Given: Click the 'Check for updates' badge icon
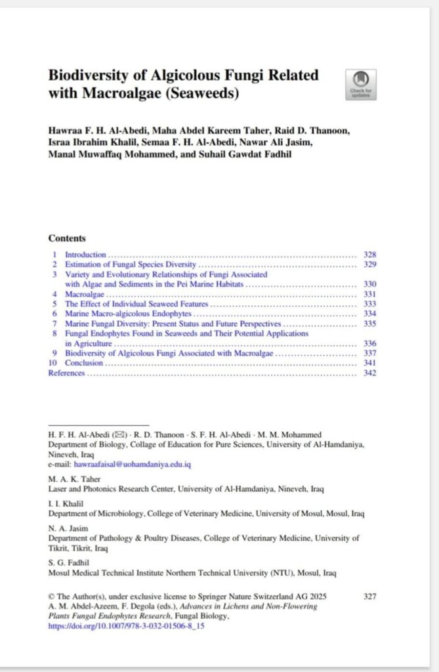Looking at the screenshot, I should [x=360, y=83].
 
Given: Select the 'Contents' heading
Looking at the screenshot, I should [x=67, y=238].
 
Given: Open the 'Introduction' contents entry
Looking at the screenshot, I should [x=85, y=255].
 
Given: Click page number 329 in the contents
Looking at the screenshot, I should [x=369, y=264].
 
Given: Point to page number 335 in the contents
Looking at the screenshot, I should [x=369, y=324].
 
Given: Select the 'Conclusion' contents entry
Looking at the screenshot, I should [x=84, y=363].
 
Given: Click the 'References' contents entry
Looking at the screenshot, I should [x=66, y=373].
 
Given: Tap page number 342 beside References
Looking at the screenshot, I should [x=369, y=373].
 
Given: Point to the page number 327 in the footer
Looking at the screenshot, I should [x=369, y=597].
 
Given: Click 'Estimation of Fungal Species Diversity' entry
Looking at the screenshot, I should [x=131, y=264].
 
